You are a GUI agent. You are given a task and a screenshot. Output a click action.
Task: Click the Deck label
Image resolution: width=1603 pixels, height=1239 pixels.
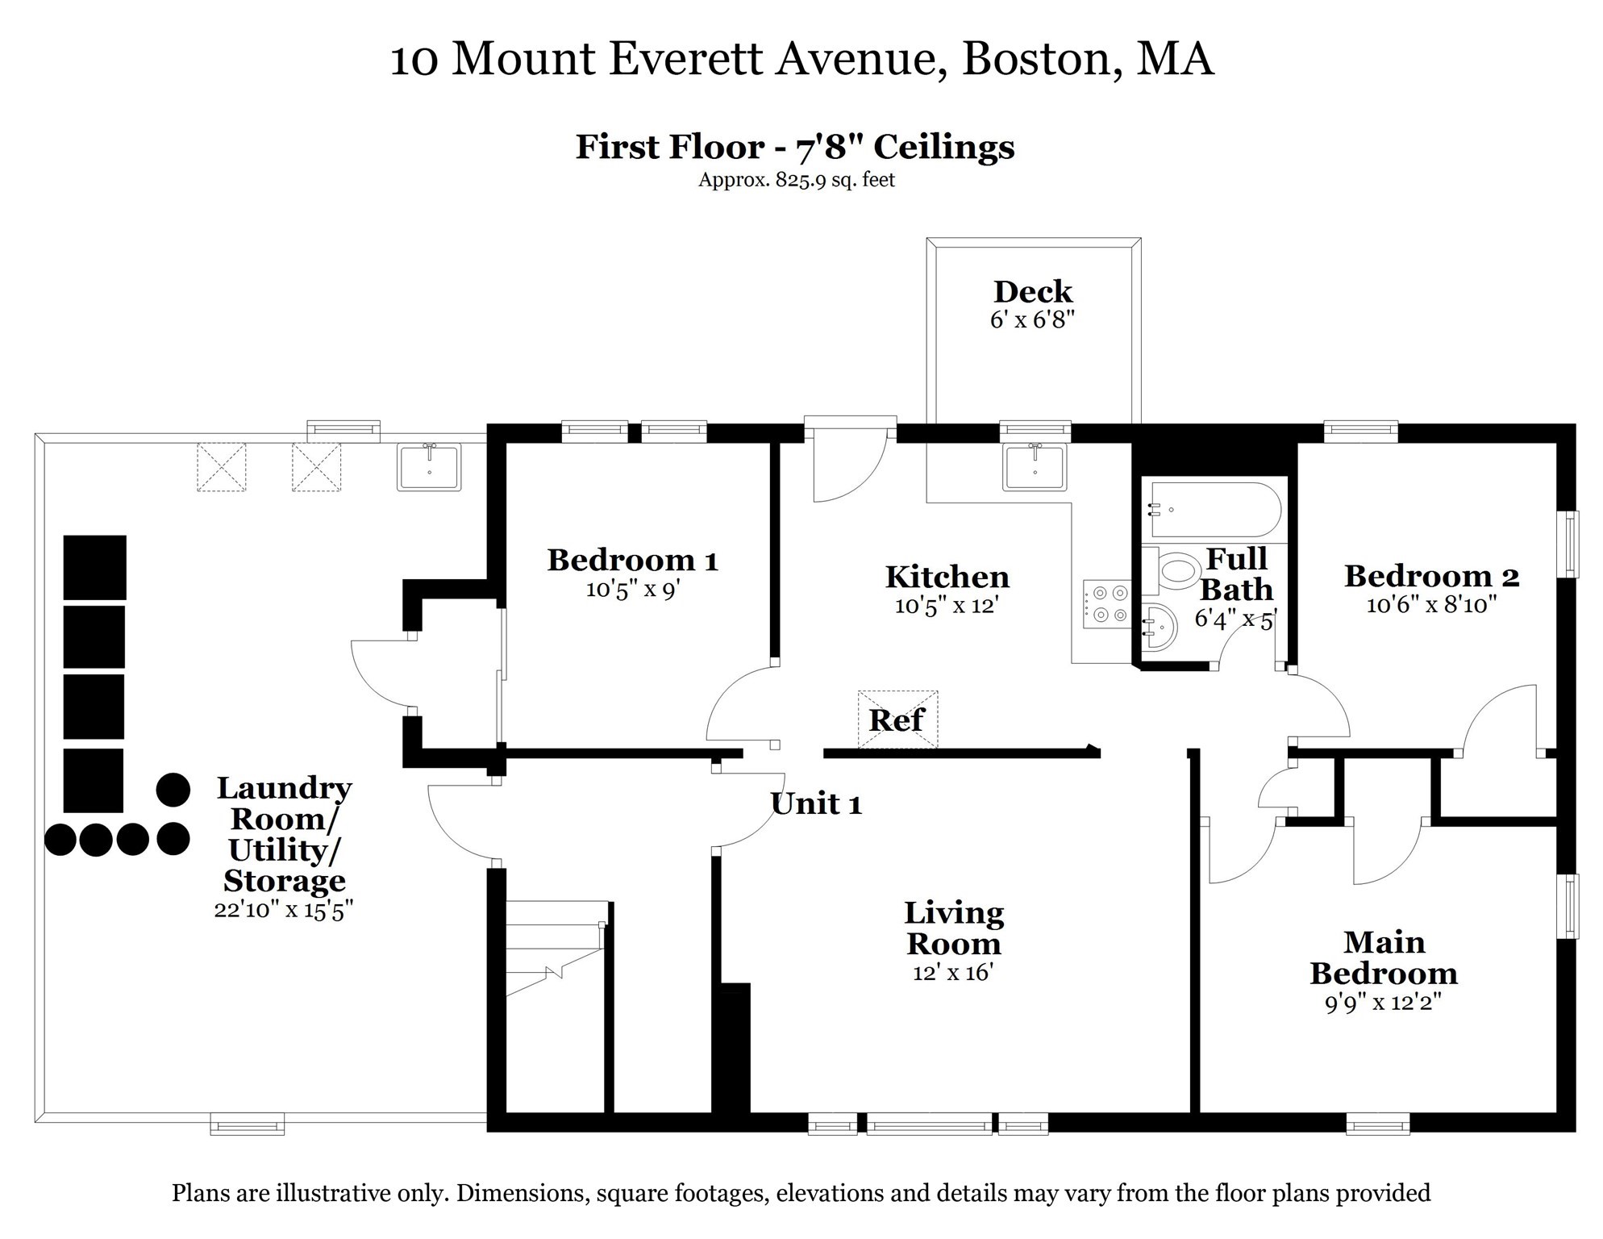click(1032, 292)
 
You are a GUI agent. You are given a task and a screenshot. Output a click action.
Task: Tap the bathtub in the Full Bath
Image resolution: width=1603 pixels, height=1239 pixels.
click(1215, 510)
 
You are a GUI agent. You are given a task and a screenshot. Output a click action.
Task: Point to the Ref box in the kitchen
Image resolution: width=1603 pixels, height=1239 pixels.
click(897, 720)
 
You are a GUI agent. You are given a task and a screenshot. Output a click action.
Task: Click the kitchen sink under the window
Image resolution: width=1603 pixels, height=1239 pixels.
click(1035, 467)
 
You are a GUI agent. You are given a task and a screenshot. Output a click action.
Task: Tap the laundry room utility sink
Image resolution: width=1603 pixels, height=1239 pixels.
click(429, 467)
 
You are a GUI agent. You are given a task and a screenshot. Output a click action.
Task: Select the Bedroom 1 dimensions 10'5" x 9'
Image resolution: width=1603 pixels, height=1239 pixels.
click(633, 590)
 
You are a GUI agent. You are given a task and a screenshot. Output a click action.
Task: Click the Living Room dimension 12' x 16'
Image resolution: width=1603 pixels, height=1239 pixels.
click(952, 973)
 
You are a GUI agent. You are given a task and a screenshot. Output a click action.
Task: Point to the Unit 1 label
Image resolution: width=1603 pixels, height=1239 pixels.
click(816, 804)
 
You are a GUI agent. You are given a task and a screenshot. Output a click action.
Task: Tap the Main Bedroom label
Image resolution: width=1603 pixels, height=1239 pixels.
click(1384, 957)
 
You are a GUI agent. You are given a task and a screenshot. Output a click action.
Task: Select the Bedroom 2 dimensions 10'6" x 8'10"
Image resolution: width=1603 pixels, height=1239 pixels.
click(1431, 605)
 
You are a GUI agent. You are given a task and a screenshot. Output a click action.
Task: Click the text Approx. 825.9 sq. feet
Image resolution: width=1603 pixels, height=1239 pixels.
click(796, 180)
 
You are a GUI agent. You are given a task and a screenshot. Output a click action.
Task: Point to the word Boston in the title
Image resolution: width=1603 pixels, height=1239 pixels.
click(1040, 59)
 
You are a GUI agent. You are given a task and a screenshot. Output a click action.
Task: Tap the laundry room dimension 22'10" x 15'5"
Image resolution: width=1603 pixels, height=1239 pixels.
click(284, 910)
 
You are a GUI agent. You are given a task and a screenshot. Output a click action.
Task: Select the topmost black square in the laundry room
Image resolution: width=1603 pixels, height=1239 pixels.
click(95, 567)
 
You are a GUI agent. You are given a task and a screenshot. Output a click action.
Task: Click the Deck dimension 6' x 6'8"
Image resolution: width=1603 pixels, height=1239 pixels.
click(1032, 320)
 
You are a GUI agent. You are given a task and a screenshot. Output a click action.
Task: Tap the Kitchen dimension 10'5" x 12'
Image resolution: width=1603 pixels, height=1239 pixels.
click(947, 606)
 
